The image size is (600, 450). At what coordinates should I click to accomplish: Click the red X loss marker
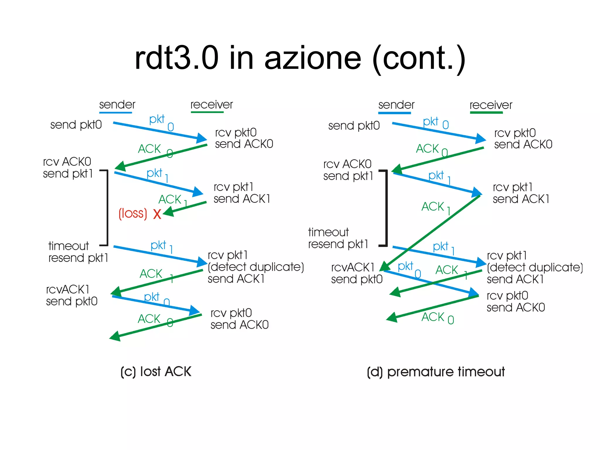pos(157,214)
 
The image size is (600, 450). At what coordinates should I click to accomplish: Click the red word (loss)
pos(132,213)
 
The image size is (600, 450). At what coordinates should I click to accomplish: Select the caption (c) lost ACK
pos(156,371)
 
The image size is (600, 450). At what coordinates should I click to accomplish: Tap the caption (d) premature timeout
pos(436,372)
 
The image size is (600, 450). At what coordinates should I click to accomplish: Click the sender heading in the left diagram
pos(117,105)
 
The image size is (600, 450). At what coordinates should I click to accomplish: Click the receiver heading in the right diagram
pos(491,105)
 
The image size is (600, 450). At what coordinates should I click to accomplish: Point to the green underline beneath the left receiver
pos(207,112)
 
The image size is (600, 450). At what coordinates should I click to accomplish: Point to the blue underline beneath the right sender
pos(394,112)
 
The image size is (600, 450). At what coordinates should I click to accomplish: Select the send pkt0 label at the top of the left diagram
pos(76,125)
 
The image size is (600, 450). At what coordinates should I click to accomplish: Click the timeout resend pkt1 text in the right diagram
pos(338,238)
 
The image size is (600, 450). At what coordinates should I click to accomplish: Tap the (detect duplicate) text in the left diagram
pos(256,267)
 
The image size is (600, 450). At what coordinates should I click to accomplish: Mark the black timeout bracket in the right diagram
pos(386,208)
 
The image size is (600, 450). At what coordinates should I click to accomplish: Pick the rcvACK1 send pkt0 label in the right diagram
pos(357,273)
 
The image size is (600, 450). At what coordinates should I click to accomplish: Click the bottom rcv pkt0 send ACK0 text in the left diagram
pos(239,319)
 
